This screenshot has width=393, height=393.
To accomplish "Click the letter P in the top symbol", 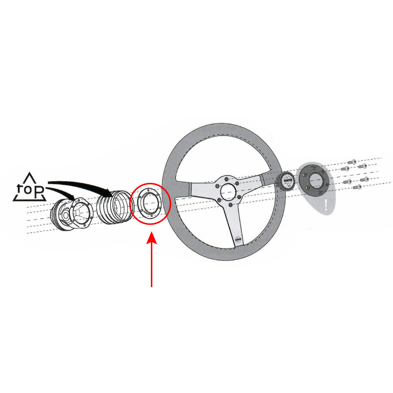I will [x=40, y=191].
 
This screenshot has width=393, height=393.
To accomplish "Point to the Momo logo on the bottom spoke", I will [x=238, y=240].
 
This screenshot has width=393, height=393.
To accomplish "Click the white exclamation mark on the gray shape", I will [x=326, y=205].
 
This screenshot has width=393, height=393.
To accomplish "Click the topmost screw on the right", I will [x=352, y=161].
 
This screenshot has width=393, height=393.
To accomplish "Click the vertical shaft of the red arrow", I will [x=152, y=265].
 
